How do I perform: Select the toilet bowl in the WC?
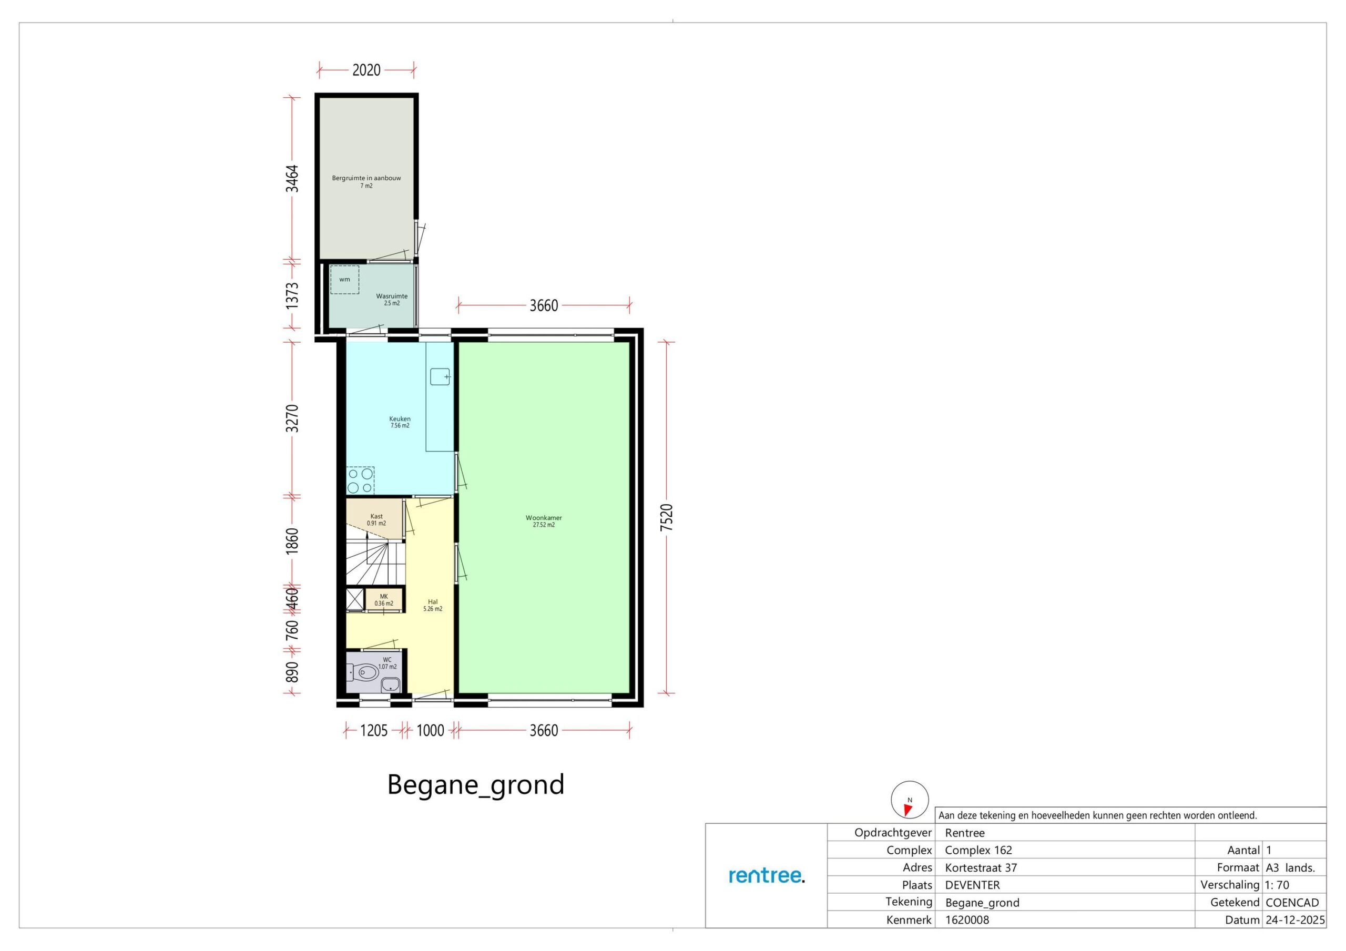tap(366, 672)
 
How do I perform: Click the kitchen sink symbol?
tap(440, 376)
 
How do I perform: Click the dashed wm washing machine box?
tap(345, 280)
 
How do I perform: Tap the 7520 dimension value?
tap(667, 518)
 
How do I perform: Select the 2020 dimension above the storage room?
tap(366, 70)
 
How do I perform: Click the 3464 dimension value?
tap(292, 178)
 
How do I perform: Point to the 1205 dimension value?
tap(374, 731)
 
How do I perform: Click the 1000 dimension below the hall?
tap(430, 731)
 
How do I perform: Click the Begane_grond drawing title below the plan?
tap(475, 785)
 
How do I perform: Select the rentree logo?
tap(767, 876)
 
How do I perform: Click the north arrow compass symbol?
tap(910, 800)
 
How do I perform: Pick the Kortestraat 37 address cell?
tap(981, 868)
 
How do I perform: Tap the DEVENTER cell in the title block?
tap(973, 885)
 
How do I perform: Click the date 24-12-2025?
tap(1295, 920)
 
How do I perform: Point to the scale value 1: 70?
tap(1278, 885)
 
